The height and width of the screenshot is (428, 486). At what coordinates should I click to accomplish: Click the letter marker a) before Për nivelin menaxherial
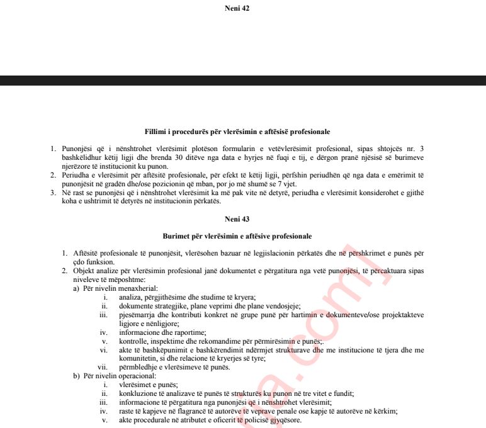point(77,288)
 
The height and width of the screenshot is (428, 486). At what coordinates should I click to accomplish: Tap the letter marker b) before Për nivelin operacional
point(77,376)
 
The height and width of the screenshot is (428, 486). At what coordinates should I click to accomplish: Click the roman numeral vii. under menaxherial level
point(102,367)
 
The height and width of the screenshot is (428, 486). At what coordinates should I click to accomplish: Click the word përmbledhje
point(139,367)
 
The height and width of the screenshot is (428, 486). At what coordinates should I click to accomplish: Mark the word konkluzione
point(138,393)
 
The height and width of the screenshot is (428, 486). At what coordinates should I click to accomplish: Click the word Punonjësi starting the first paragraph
point(79,148)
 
